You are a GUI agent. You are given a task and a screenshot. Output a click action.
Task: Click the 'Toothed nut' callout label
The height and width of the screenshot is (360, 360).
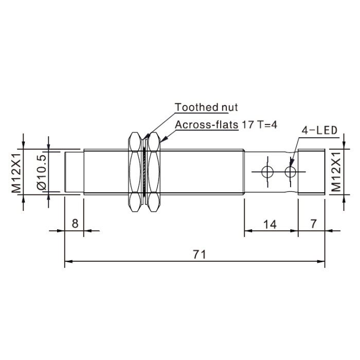(206, 107)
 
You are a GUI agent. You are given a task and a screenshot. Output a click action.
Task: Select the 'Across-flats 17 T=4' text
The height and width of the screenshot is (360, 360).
(226, 124)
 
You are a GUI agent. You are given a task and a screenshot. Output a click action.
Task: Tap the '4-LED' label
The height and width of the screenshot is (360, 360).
(319, 131)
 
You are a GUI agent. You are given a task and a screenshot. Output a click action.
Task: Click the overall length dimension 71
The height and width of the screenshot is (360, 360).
(199, 255)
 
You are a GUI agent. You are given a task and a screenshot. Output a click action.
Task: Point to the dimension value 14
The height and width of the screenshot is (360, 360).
(270, 224)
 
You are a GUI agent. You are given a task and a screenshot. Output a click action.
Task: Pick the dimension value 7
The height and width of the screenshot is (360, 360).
(313, 224)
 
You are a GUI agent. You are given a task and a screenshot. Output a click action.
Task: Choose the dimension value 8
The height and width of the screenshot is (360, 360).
(75, 223)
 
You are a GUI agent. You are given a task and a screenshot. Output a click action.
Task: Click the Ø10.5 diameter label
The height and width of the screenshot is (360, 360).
(42, 172)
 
